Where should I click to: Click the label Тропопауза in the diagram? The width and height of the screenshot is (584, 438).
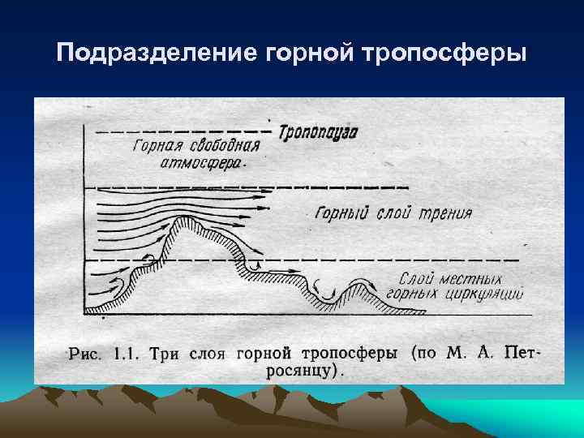[318, 131]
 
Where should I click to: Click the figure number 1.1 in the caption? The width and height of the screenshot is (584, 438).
[125, 354]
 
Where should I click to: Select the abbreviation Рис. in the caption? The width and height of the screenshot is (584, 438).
[86, 354]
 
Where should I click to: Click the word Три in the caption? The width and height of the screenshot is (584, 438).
[168, 354]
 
